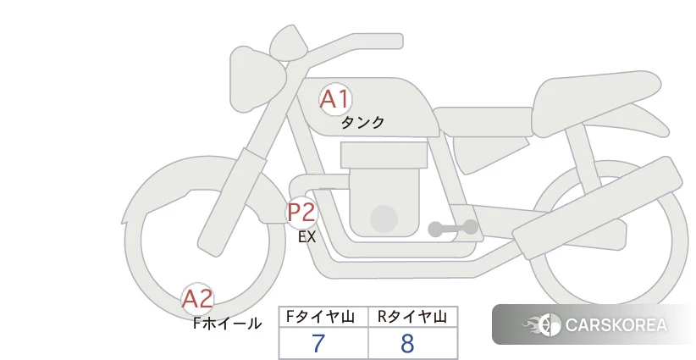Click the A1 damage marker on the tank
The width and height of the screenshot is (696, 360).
pos(335,99)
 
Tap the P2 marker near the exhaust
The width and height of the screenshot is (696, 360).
pos(301,212)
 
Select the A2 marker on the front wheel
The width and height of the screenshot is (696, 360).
pos(197,299)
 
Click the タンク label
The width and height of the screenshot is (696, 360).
pos(362,123)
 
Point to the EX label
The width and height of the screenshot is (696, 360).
pos(307,237)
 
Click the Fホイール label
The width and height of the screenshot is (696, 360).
pos(227,324)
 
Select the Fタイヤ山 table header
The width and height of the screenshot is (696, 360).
pos(320,317)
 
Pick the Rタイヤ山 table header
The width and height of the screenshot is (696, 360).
pos(412,317)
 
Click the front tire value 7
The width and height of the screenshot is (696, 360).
pos(318,343)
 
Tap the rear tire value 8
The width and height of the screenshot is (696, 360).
pos(407,343)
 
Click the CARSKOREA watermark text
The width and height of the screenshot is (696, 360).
pos(616,325)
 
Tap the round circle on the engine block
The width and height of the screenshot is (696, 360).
pos(384,219)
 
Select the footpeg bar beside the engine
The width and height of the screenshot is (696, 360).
pos(453,228)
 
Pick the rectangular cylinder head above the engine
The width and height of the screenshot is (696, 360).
pos(384,155)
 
